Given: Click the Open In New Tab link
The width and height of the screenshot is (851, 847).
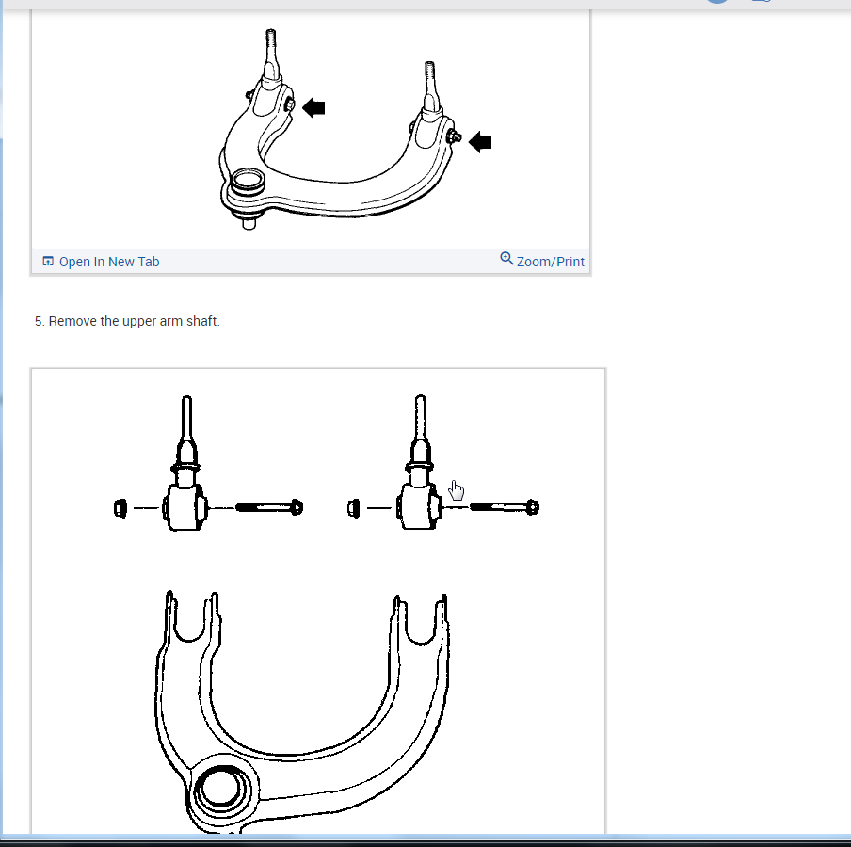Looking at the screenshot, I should tap(109, 262).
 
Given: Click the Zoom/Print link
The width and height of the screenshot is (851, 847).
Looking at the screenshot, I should tap(550, 262).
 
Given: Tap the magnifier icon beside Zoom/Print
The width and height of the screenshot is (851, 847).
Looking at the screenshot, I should tap(506, 258).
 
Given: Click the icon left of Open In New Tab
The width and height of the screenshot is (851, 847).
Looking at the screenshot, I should tap(48, 262).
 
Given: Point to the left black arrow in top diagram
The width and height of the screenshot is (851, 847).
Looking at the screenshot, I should tap(313, 107).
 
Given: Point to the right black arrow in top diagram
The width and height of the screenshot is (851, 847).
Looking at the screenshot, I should tap(480, 142).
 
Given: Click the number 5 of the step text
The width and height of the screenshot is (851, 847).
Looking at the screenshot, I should tap(39, 321).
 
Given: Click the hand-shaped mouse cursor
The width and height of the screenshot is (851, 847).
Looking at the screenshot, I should tap(457, 490).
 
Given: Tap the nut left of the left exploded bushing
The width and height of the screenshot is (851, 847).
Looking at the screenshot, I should tap(119, 509).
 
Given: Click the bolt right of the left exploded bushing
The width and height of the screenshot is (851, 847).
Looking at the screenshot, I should tap(268, 508).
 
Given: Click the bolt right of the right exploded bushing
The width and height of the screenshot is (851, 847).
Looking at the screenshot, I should tap(504, 507).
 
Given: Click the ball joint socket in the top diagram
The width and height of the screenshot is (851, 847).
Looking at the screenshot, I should tap(248, 180).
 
